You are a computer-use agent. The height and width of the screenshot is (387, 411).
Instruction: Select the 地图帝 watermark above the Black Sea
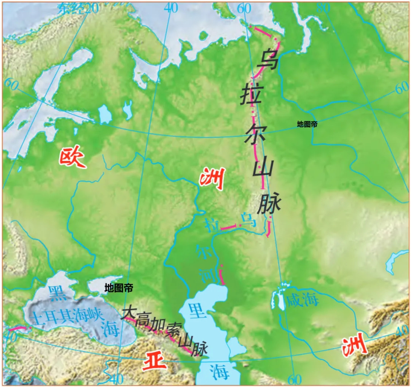[x=119, y=289]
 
